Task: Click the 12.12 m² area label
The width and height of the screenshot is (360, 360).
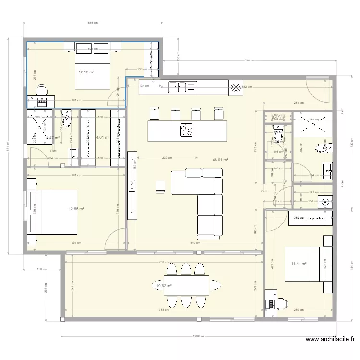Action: click(86, 72)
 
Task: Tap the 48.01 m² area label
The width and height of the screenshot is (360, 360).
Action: click(220, 160)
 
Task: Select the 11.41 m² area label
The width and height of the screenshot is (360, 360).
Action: click(299, 263)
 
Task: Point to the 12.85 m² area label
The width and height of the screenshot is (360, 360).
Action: click(76, 209)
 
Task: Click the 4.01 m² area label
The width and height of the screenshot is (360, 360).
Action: click(103, 137)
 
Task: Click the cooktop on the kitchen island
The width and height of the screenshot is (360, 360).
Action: click(186, 130)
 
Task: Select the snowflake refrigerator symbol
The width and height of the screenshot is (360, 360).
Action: click(236, 87)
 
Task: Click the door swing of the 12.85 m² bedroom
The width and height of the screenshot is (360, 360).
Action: click(115, 239)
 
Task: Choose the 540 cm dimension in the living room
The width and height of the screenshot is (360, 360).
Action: click(195, 243)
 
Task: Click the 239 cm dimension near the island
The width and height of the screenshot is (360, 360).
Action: click(167, 157)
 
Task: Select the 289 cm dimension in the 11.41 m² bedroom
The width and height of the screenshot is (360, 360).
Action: click(298, 310)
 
